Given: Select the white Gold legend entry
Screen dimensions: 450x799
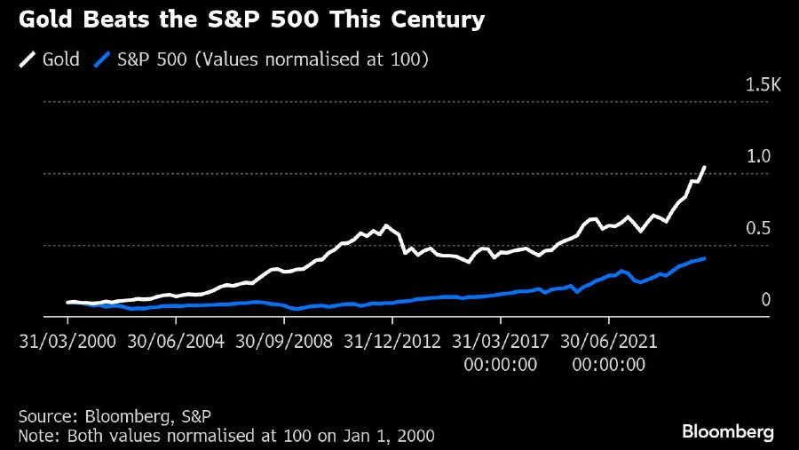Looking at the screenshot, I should coord(50,59).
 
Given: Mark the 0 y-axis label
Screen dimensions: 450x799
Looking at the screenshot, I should coord(765,300).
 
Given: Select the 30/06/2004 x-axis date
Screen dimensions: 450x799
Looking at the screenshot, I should coord(176,341).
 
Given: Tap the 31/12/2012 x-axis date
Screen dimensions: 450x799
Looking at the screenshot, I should coord(392,341).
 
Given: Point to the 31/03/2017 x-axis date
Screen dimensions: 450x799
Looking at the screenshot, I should coord(501,341).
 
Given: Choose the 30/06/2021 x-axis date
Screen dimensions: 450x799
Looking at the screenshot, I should coord(609,341).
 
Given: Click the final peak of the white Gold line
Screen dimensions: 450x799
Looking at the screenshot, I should coord(705,167).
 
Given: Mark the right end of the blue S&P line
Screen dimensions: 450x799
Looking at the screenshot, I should coord(705,258).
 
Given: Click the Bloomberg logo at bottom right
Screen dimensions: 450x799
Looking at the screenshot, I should coord(728,431).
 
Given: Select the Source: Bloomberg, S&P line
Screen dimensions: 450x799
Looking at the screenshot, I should coord(115,415).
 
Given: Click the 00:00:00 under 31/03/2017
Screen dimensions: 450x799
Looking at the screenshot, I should coord(501,364).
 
